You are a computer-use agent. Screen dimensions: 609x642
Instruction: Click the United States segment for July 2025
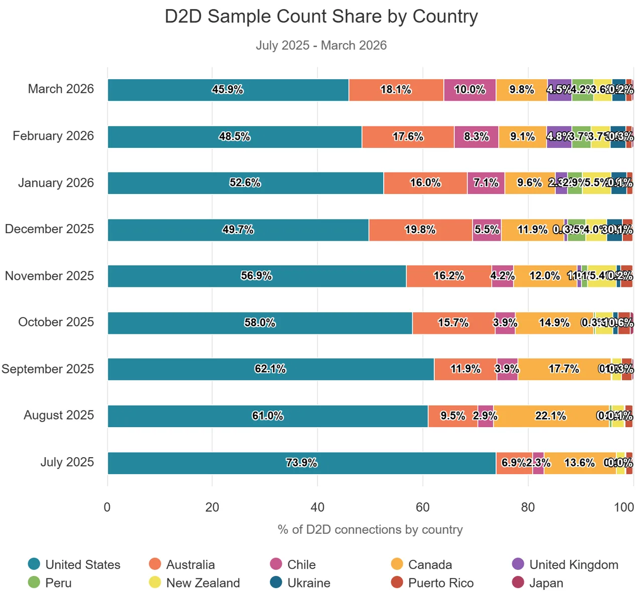[x=301, y=463]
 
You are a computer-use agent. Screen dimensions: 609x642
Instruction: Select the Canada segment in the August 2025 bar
[x=551, y=416]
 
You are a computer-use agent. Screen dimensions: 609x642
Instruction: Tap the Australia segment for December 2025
[x=420, y=230]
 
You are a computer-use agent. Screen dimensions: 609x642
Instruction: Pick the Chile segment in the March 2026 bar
[x=469, y=90]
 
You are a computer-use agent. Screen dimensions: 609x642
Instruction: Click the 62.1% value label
[x=270, y=369]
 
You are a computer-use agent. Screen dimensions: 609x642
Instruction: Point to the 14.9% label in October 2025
[x=554, y=323]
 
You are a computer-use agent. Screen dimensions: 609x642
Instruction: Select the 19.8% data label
[x=420, y=230]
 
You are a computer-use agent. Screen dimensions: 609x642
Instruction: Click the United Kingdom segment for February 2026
[x=559, y=137]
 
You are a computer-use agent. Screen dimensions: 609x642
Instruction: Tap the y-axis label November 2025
[x=49, y=276]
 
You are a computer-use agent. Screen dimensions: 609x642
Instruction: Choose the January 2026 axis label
[x=56, y=183]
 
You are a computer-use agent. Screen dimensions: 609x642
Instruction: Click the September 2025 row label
[x=48, y=369]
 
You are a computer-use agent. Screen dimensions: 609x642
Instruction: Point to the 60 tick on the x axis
[x=422, y=507]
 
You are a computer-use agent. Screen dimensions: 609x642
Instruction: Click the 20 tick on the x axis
[x=212, y=507]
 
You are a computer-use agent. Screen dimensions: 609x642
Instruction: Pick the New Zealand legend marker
[x=155, y=582]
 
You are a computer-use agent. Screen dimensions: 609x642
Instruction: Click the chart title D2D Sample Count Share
[x=321, y=17]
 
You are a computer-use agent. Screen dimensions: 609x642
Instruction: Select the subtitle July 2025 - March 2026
[x=321, y=45]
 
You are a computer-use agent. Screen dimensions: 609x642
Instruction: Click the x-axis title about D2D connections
[x=370, y=530]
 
